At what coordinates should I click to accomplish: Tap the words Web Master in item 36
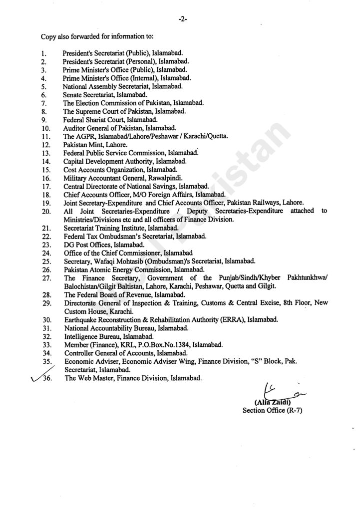pyautogui.click(x=94, y=379)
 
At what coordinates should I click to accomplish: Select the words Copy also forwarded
pyautogui.click(x=69, y=36)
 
